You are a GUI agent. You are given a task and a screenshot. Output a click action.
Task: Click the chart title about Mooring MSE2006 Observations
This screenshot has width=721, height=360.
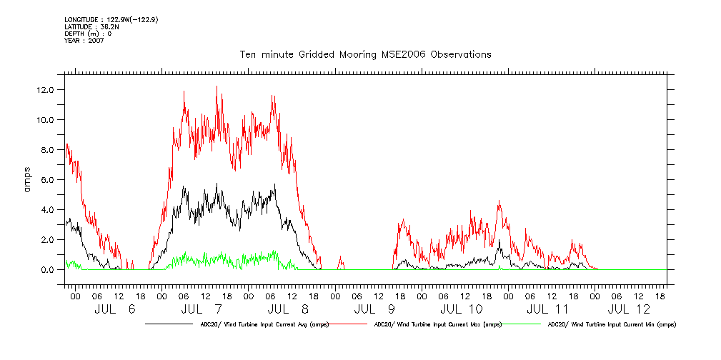tap(365, 54)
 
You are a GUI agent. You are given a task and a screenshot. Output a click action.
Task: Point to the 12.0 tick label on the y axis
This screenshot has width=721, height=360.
tap(51, 90)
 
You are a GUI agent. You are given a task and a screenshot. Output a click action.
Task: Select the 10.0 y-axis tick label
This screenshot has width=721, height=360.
tap(51, 120)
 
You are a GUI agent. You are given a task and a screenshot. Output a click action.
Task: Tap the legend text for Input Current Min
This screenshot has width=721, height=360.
tap(612, 324)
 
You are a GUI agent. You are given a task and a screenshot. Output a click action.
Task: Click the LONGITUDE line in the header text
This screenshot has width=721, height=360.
tap(111, 19)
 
